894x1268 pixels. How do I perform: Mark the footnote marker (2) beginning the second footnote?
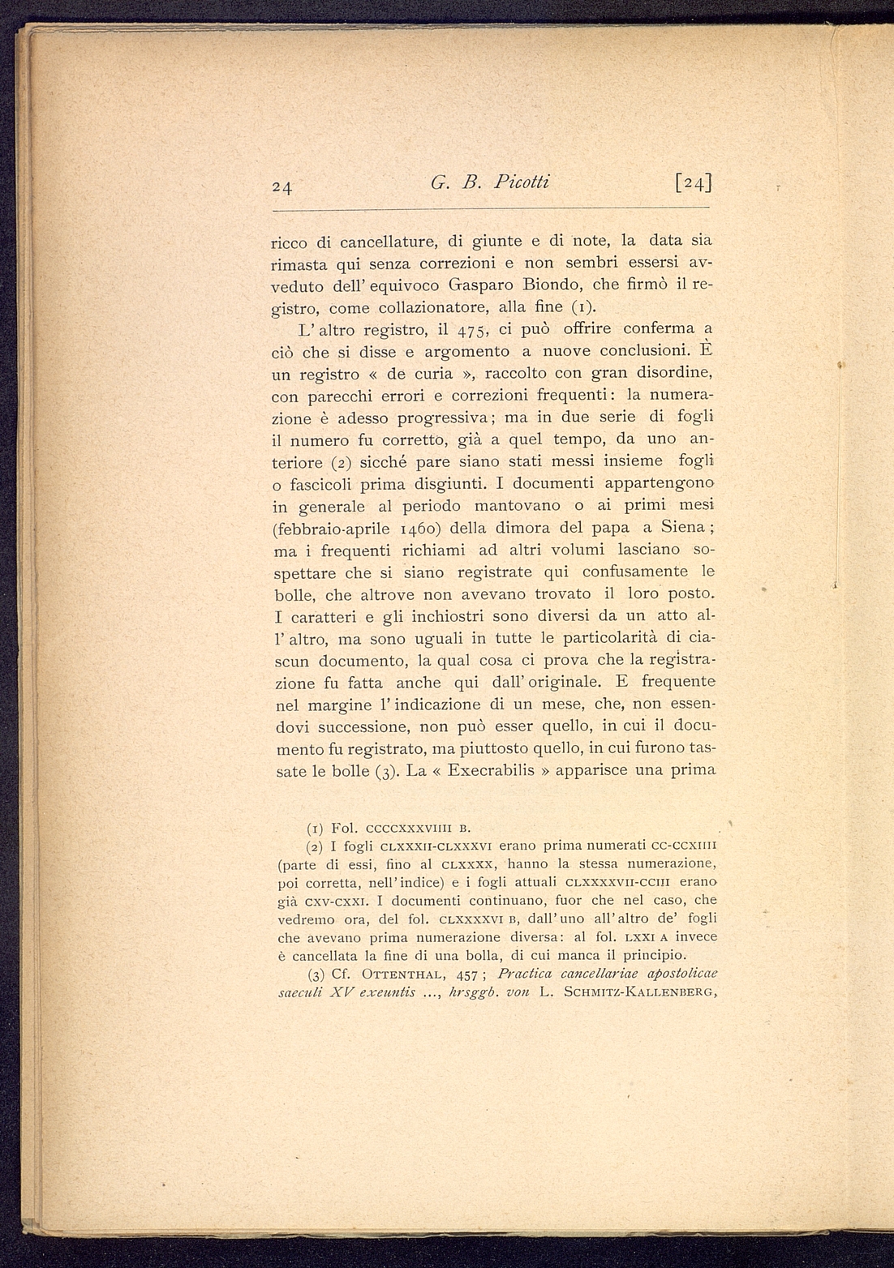[x=316, y=847]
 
